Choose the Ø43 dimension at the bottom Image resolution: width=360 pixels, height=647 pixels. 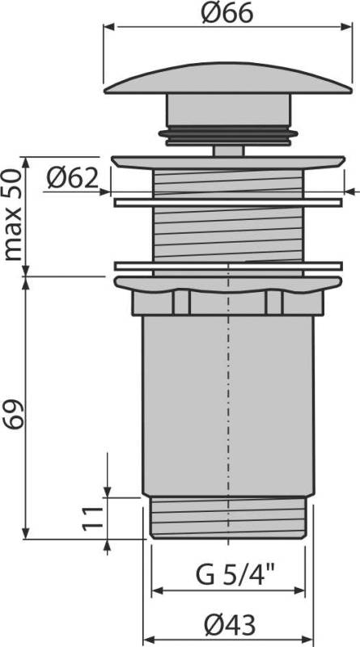pos(230,624)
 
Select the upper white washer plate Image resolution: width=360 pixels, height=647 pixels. pos(230,200)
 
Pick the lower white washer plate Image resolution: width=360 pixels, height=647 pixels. pos(230,266)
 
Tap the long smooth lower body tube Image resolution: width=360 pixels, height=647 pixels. pos(230,404)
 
